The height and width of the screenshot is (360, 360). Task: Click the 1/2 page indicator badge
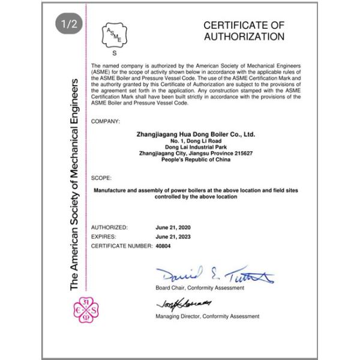(67, 25)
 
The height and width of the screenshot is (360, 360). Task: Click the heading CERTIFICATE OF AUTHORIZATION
(243, 31)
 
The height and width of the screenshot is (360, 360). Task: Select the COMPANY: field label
(106, 121)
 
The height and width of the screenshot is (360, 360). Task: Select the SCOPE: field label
(101, 178)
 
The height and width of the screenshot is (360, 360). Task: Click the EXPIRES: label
(104, 236)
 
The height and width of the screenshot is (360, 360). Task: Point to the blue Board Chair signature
(213, 276)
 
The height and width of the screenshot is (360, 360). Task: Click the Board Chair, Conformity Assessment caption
(199, 288)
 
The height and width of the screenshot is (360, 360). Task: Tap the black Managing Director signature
(176, 304)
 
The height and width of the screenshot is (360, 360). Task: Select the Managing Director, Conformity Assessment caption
(208, 316)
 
